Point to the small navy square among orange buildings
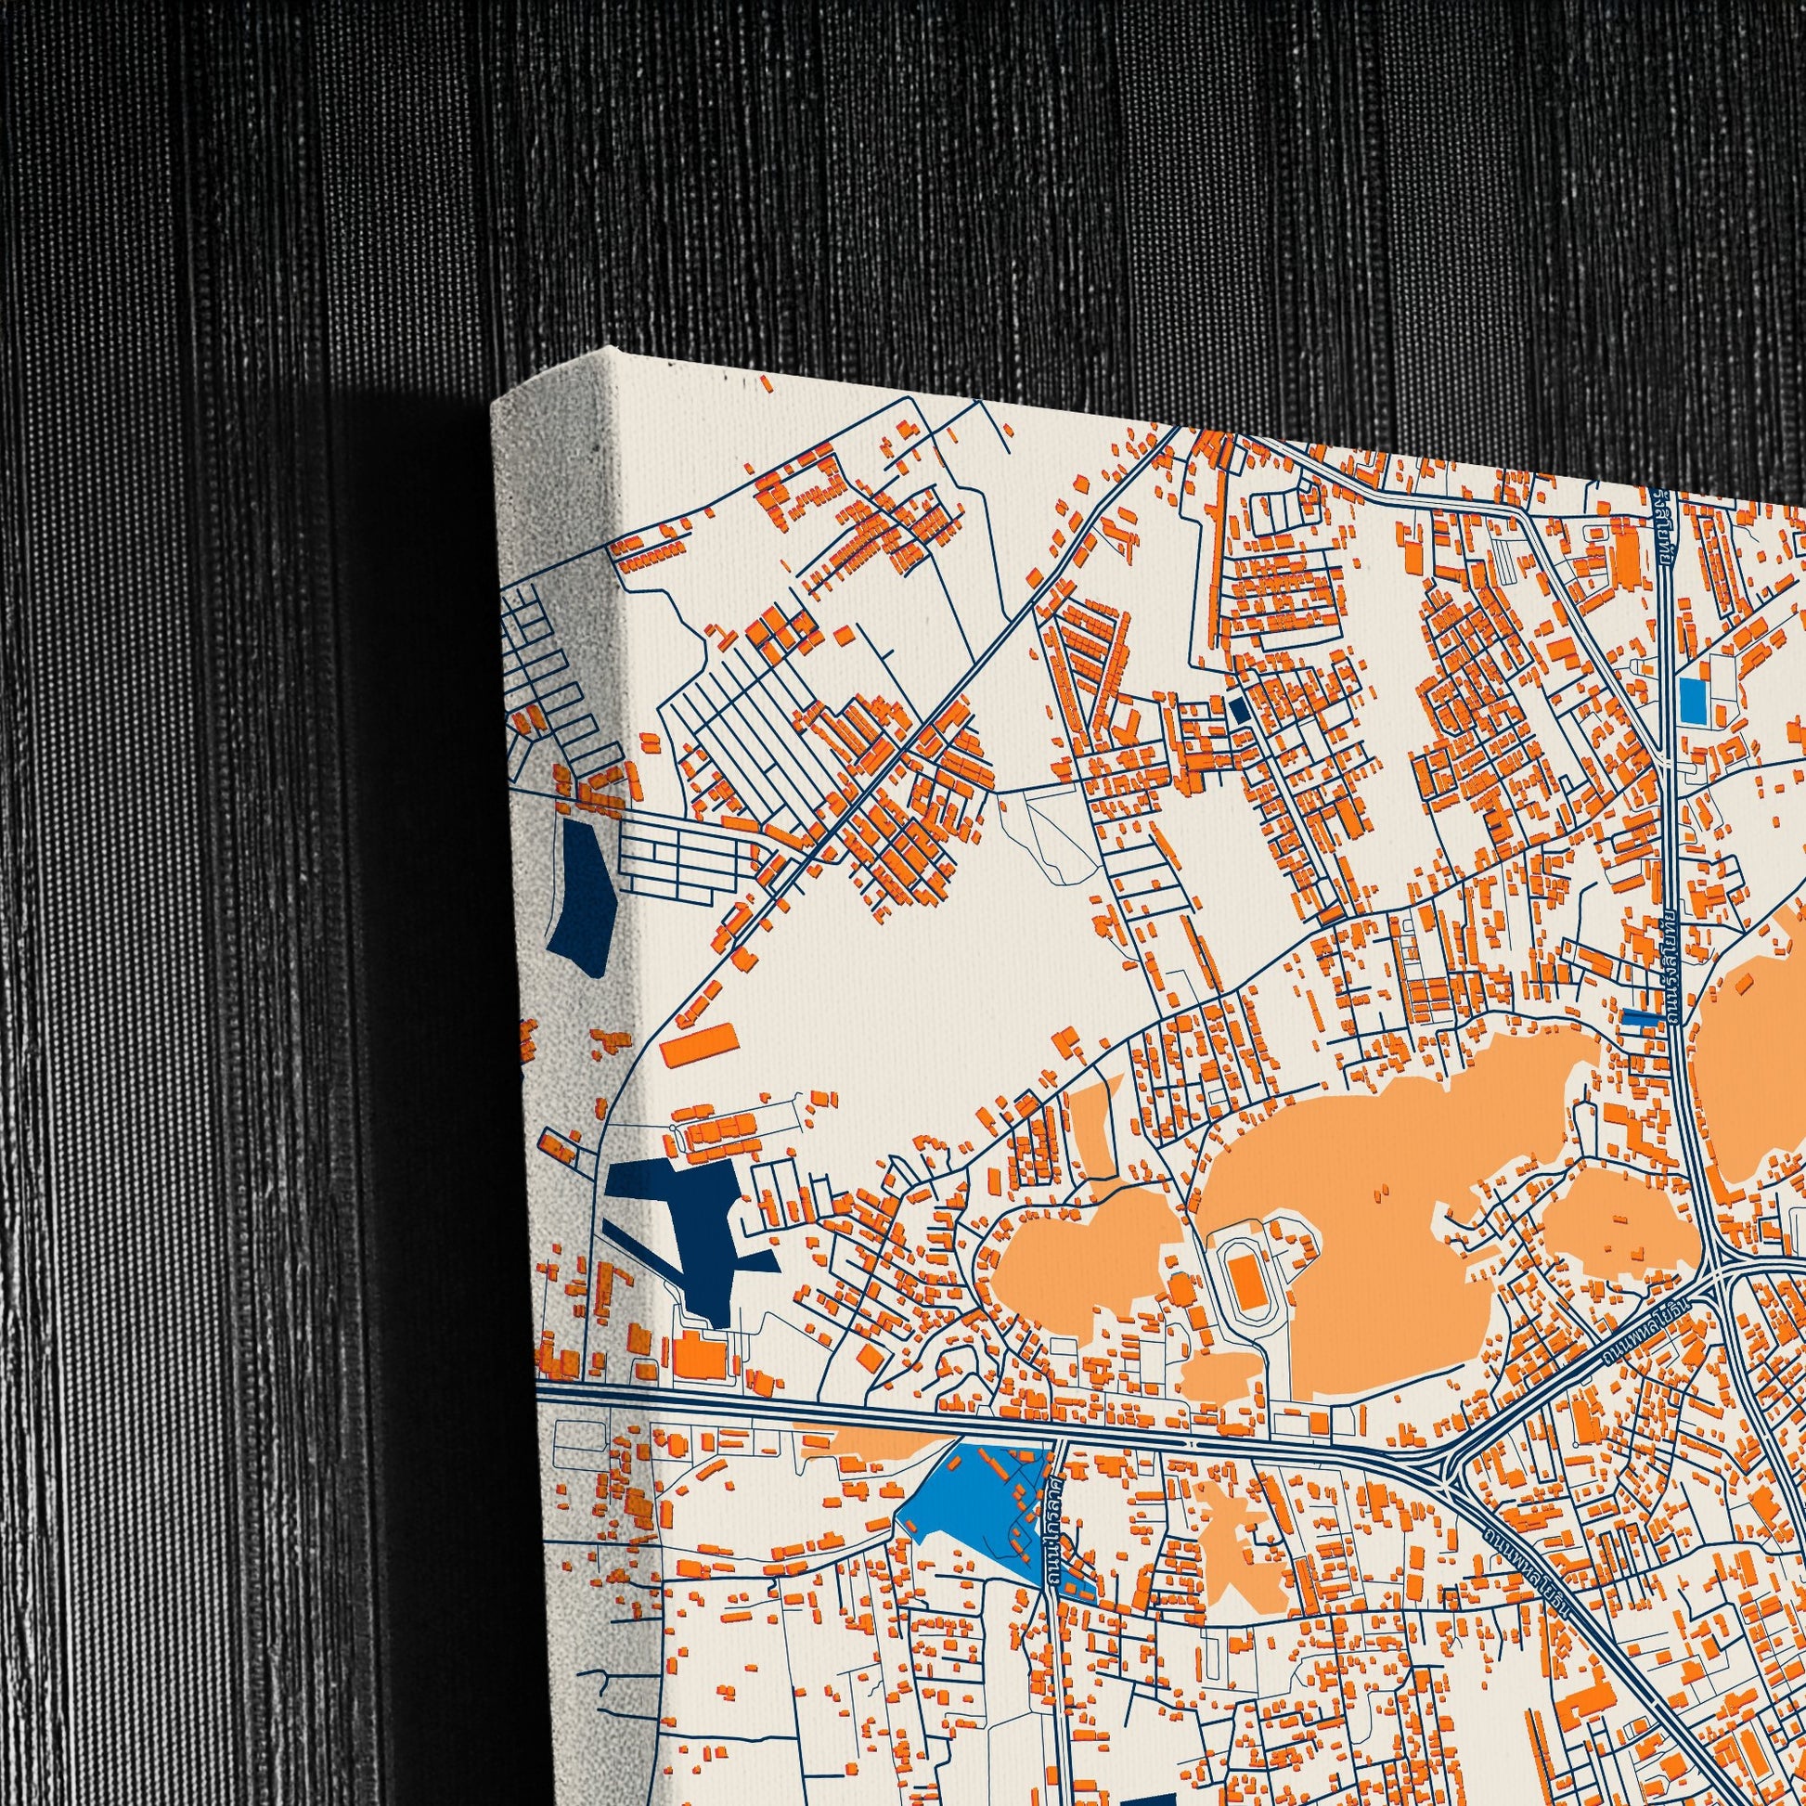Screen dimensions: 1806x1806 1241,709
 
